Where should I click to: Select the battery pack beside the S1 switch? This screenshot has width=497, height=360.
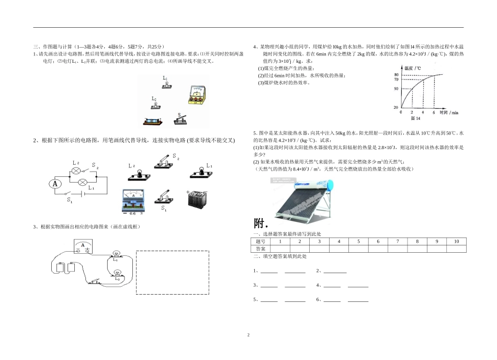point(197,200)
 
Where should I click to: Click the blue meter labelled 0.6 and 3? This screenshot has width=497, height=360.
point(133,200)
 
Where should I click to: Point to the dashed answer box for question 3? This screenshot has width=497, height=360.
point(172,272)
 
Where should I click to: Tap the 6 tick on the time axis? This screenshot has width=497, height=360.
point(434,113)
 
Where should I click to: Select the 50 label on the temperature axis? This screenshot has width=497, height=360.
point(396,89)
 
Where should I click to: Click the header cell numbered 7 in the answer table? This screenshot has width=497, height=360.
point(398,241)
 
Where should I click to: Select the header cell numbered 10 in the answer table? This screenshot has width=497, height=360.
point(456,241)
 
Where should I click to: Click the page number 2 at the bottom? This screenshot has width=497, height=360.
point(249,334)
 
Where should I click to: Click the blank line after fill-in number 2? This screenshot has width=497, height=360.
point(335,271)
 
